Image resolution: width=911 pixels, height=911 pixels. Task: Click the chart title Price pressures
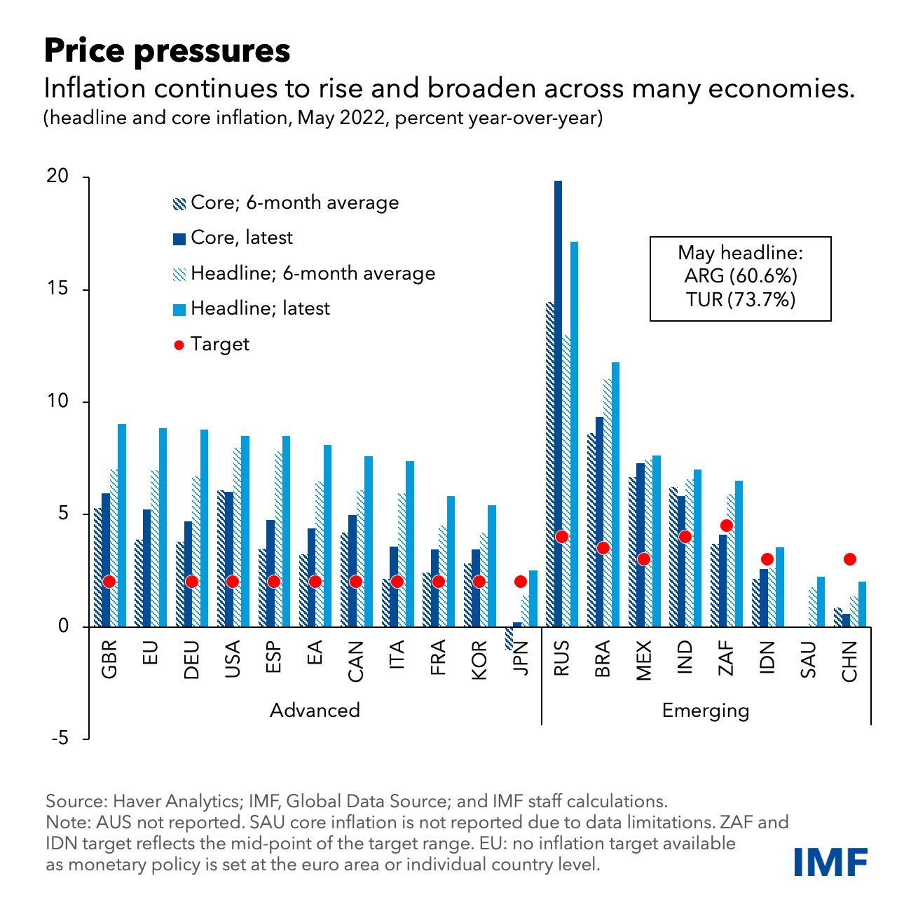coord(167,51)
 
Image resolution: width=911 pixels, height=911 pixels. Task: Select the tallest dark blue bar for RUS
coord(558,403)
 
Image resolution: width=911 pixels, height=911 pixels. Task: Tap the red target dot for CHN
coord(849,559)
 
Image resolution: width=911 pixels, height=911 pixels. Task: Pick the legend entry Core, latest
coord(241,238)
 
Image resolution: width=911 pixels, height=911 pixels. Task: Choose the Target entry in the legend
coord(219,344)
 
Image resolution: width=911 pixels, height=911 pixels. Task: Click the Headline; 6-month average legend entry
coord(312,273)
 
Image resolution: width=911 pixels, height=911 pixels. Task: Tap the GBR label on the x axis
coord(109,659)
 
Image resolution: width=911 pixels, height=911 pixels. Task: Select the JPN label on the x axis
coord(520,658)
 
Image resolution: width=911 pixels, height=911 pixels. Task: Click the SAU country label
coord(808,659)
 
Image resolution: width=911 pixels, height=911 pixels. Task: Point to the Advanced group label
coord(315,711)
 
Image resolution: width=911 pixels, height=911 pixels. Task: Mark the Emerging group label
coord(705,711)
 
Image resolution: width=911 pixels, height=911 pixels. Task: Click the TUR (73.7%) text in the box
coord(741,300)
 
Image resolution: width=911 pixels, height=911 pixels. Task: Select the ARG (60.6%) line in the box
coord(741,276)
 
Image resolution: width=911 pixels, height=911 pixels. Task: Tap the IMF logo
coord(831,861)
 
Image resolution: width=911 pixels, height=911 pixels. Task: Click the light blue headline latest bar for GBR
coord(122,525)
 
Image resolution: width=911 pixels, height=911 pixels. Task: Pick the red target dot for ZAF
coord(726,526)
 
